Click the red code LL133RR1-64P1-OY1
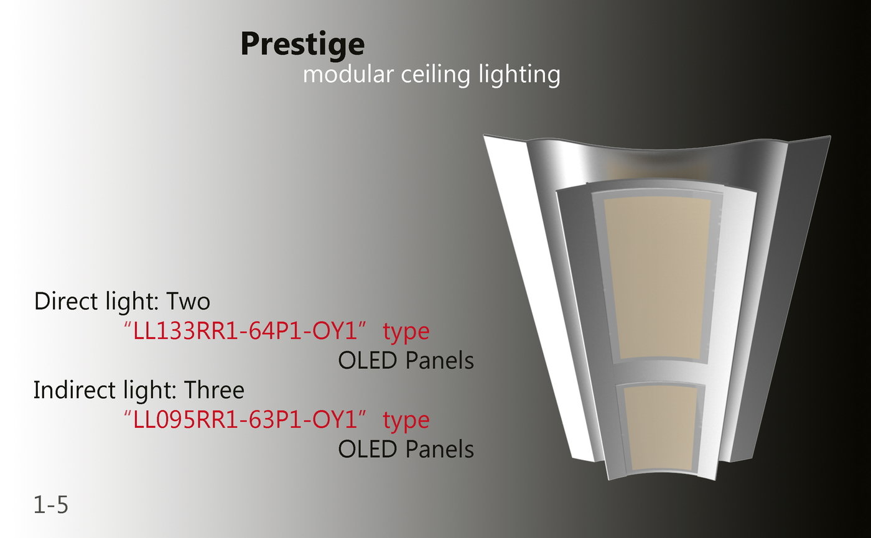coord(248,332)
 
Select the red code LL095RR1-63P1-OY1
coord(248,420)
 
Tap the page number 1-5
coord(50,505)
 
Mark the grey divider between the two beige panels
coord(659,373)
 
